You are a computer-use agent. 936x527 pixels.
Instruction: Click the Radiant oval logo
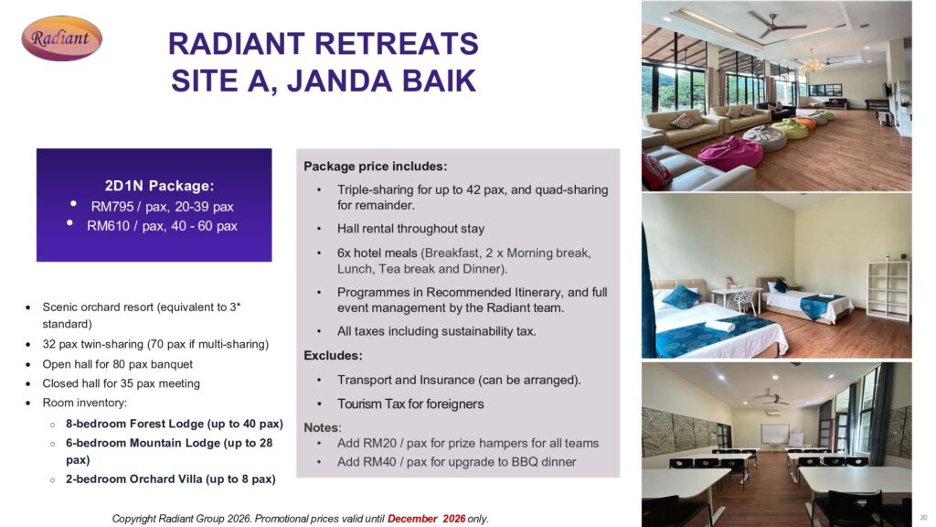coord(61,38)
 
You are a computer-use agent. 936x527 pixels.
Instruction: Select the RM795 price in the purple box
coord(112,207)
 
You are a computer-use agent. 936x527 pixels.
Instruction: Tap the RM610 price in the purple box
coord(108,226)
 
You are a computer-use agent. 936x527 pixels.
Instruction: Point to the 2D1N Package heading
coord(159,186)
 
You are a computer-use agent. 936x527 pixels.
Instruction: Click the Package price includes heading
coord(376,167)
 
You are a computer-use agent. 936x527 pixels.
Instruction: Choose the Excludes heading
coord(333,356)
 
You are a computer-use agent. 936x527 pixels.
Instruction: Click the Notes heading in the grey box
coord(323,428)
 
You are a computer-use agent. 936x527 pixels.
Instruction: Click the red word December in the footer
coord(412,519)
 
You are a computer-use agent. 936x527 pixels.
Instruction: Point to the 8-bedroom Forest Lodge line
coord(175,424)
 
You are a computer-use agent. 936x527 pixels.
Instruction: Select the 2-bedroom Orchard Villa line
coord(171,479)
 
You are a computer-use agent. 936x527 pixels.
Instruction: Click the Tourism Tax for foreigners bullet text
coord(410,403)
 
